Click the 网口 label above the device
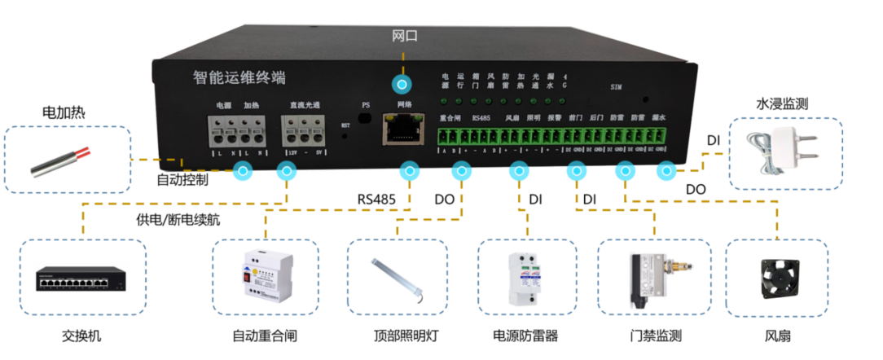[x=404, y=37]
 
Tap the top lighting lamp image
[x=396, y=278]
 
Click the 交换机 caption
[x=82, y=336]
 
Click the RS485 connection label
[x=377, y=198]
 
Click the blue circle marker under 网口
[x=400, y=84]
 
